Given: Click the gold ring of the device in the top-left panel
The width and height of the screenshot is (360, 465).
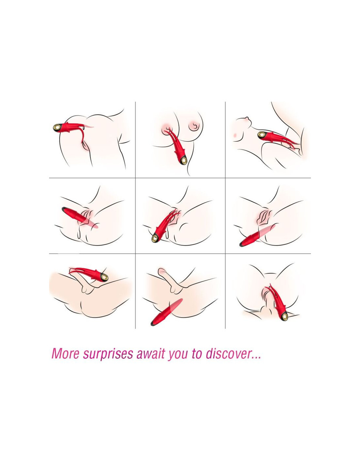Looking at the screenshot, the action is click(57, 128).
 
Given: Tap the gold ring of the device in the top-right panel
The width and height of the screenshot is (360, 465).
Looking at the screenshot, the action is click(261, 134).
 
